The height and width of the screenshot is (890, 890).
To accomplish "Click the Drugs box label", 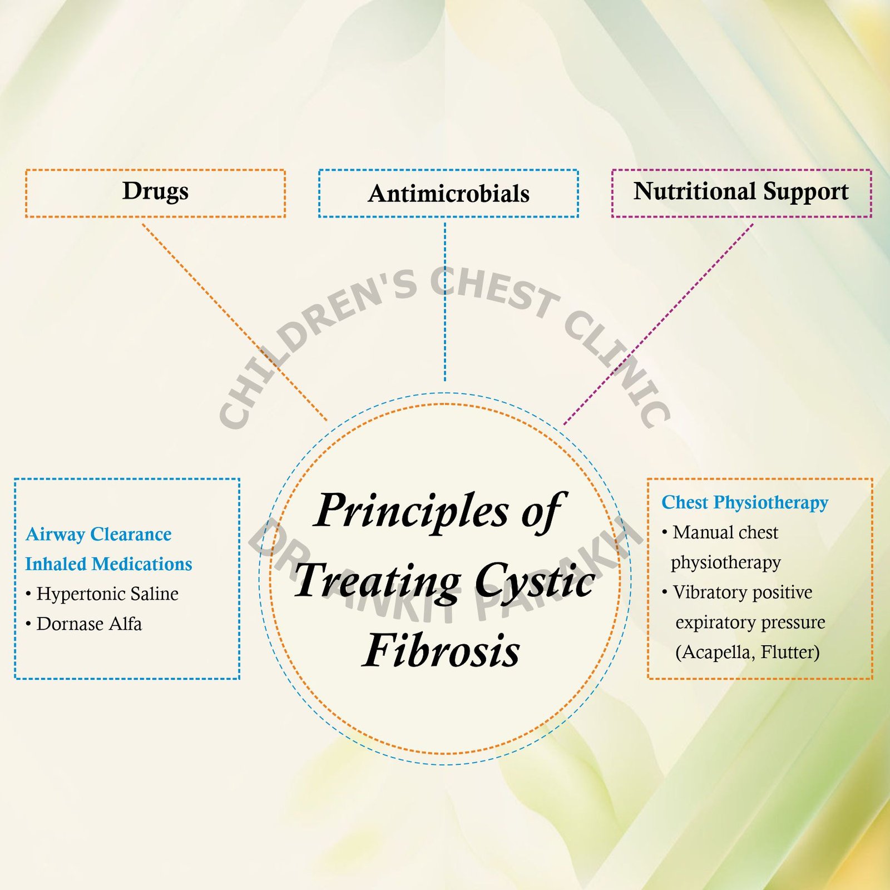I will (x=155, y=191).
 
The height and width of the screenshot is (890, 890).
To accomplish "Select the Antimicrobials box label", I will (x=448, y=194).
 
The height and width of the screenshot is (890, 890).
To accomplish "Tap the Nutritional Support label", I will (x=741, y=191).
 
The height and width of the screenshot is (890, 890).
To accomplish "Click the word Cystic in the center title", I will (x=535, y=581).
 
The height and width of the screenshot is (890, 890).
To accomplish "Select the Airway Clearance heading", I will (x=98, y=534).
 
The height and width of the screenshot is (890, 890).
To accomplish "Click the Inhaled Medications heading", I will (x=108, y=564).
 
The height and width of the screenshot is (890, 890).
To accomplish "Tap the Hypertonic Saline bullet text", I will (x=107, y=594).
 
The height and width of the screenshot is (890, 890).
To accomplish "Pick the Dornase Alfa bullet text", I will (x=89, y=624).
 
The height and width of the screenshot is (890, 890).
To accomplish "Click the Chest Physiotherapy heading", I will (x=745, y=502).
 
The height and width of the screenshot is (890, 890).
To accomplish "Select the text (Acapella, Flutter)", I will (x=747, y=652).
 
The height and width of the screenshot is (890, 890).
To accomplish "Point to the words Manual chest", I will (x=725, y=532).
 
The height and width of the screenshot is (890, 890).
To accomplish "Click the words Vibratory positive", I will (x=742, y=592).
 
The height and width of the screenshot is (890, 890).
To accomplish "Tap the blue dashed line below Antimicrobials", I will (x=445, y=300).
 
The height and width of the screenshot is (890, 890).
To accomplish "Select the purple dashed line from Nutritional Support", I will (x=659, y=323).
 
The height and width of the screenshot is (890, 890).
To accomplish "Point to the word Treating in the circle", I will (x=378, y=581).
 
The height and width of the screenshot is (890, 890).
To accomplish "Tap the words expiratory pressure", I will (x=750, y=622).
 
